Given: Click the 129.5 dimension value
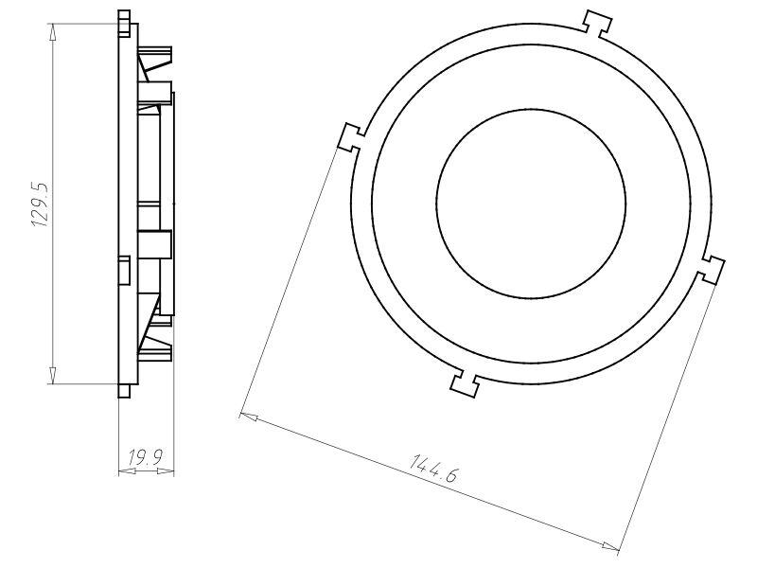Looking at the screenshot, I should click(40, 204).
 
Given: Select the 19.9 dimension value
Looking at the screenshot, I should click(145, 458).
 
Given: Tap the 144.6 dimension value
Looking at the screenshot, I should click(434, 469).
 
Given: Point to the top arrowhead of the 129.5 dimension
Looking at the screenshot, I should click(53, 30).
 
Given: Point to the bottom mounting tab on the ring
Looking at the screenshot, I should click(464, 382).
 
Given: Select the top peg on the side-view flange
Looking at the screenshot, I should click(124, 21).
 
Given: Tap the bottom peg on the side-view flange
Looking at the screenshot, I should click(124, 390).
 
